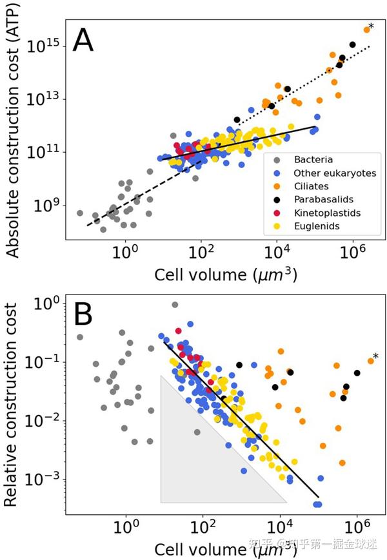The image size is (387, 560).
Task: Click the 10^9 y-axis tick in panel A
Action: [x=48, y=206]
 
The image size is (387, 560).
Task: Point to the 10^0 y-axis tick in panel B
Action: [x=48, y=302]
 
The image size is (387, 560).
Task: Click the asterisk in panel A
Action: [x=371, y=26]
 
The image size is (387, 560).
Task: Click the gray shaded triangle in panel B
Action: [x=193, y=464]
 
